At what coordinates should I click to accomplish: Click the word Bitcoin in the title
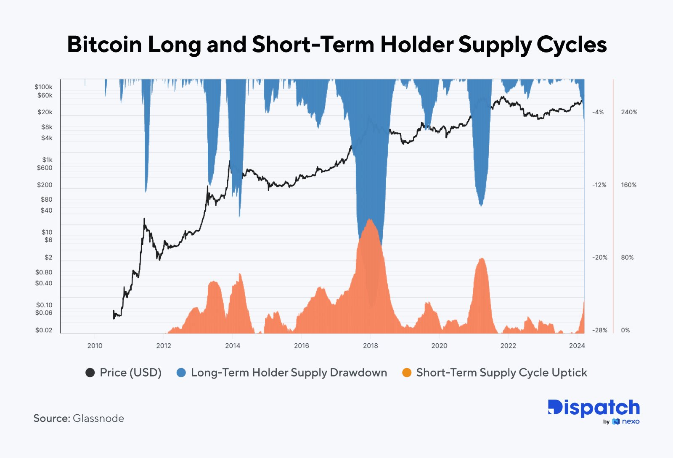click(104, 44)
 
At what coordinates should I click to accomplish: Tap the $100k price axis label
click(43, 87)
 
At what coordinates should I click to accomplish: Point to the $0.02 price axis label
click(44, 330)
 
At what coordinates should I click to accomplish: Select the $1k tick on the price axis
click(47, 160)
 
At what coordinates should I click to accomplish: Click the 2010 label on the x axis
click(95, 346)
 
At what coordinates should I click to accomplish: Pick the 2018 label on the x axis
click(370, 346)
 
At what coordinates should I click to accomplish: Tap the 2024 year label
click(577, 346)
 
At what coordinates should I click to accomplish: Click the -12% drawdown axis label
click(599, 185)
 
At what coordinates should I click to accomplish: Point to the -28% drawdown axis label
click(599, 330)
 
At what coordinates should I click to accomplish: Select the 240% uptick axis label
click(629, 112)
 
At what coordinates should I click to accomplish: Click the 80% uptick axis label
click(627, 258)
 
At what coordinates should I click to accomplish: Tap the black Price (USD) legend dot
click(90, 373)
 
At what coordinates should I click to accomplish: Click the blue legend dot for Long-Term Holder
click(181, 373)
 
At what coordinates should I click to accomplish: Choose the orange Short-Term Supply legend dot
click(407, 373)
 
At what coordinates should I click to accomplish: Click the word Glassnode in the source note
click(98, 419)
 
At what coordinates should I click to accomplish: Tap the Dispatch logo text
click(594, 408)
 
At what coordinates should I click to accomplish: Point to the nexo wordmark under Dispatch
click(631, 421)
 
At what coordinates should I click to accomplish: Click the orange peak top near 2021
click(482, 258)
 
